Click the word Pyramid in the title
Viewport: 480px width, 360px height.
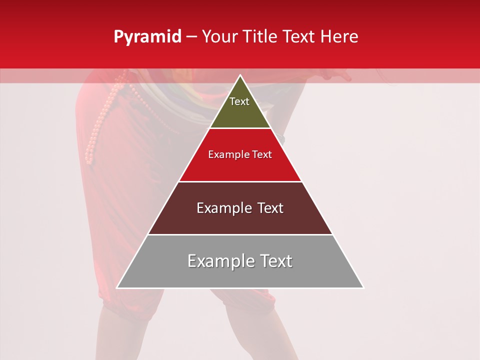pyautogui.click(x=147, y=37)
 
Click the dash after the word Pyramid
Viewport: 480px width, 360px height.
pyautogui.click(x=191, y=37)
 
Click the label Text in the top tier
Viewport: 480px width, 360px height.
pyautogui.click(x=239, y=101)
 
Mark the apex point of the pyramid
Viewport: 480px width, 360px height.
pyautogui.click(x=240, y=75)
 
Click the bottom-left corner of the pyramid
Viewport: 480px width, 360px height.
pyautogui.click(x=117, y=287)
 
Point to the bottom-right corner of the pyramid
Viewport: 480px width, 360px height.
pyautogui.click(x=363, y=287)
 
